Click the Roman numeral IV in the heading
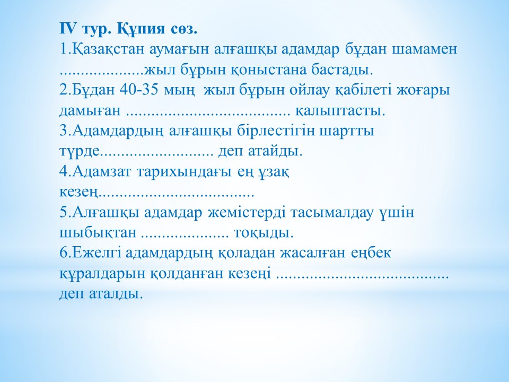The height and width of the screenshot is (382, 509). (x=68, y=29)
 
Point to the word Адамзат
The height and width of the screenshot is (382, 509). (x=102, y=172)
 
